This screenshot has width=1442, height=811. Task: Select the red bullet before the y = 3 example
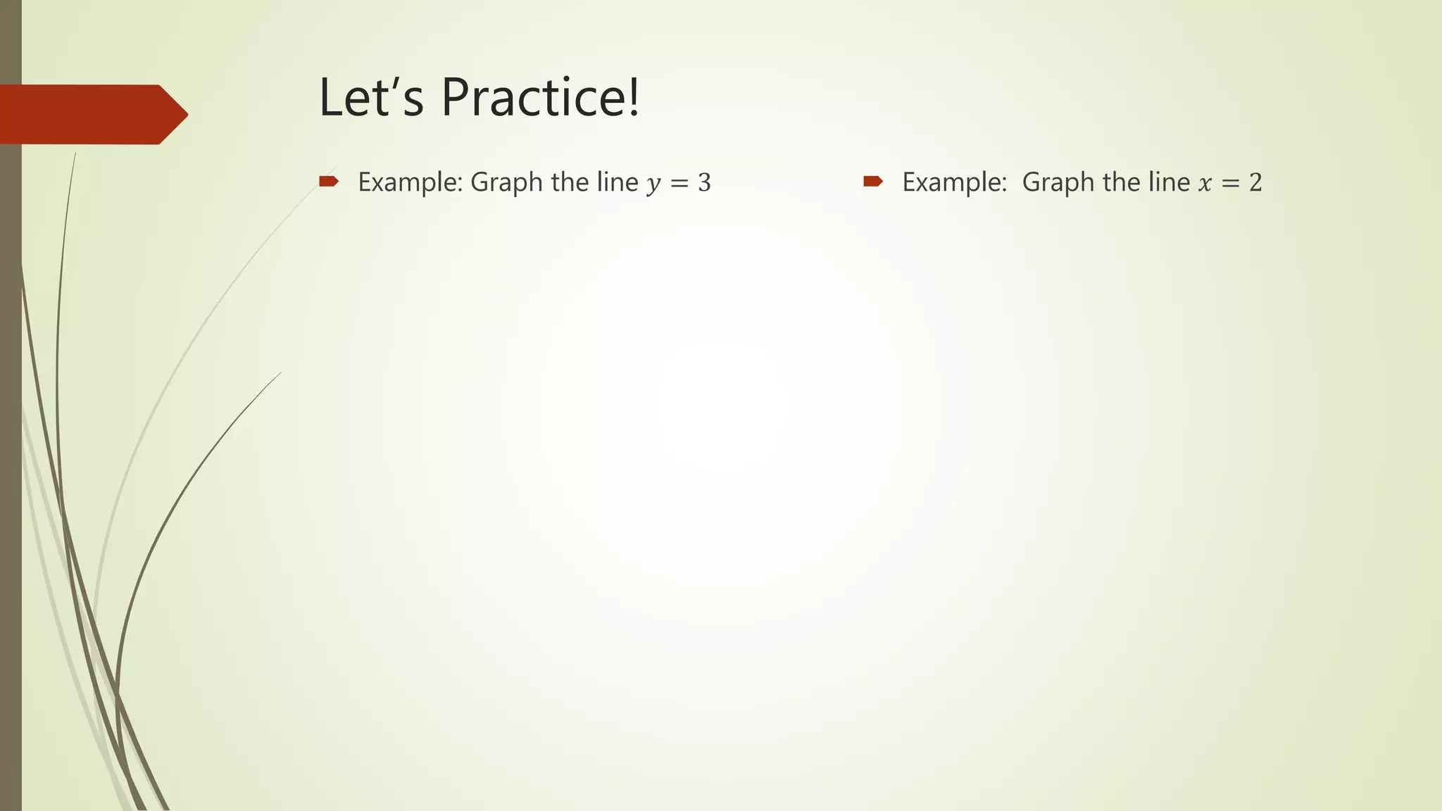click(x=329, y=182)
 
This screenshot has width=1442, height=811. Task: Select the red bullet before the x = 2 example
click(x=873, y=182)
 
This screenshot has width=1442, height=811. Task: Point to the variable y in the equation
click(x=653, y=184)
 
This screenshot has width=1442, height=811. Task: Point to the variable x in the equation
click(x=1205, y=184)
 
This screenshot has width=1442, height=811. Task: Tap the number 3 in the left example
click(x=704, y=183)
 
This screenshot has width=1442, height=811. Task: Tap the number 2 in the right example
click(x=1255, y=183)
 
